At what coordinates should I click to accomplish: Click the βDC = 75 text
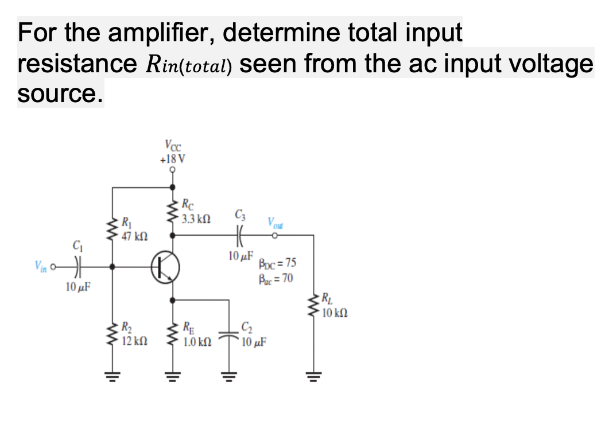point(278,264)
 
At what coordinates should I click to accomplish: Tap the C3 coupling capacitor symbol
point(238,235)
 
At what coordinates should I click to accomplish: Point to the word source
point(60,94)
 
